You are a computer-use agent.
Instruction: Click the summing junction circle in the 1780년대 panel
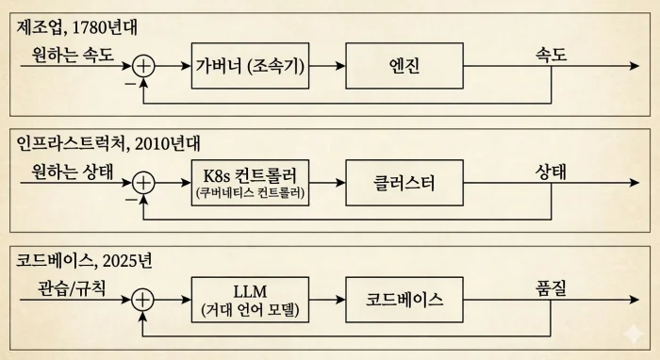tap(143, 65)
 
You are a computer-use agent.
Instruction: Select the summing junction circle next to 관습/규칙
tap(143, 299)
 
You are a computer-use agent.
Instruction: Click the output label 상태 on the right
tap(551, 172)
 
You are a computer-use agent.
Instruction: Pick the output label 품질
tap(551, 288)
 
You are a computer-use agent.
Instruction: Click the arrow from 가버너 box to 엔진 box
tap(329, 65)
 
